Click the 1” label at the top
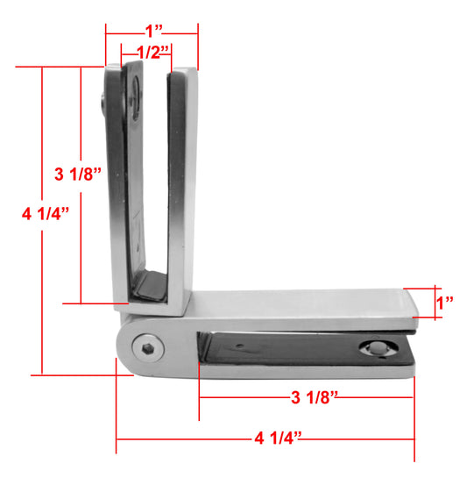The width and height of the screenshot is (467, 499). pos(154,31)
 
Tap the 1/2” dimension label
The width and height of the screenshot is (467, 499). pos(152,53)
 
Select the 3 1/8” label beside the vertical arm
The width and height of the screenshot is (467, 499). pos(78,174)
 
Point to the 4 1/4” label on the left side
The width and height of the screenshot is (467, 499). pos(46,213)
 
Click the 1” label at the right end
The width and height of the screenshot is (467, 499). pos(445,303)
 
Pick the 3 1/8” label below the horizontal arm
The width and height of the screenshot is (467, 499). pos(315,397)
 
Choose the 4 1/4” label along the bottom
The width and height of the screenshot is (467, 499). pos(278,438)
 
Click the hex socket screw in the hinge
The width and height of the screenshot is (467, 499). pos(148,348)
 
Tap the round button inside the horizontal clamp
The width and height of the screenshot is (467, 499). pos(379,348)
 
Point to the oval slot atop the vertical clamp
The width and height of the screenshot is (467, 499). pos(136,97)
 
